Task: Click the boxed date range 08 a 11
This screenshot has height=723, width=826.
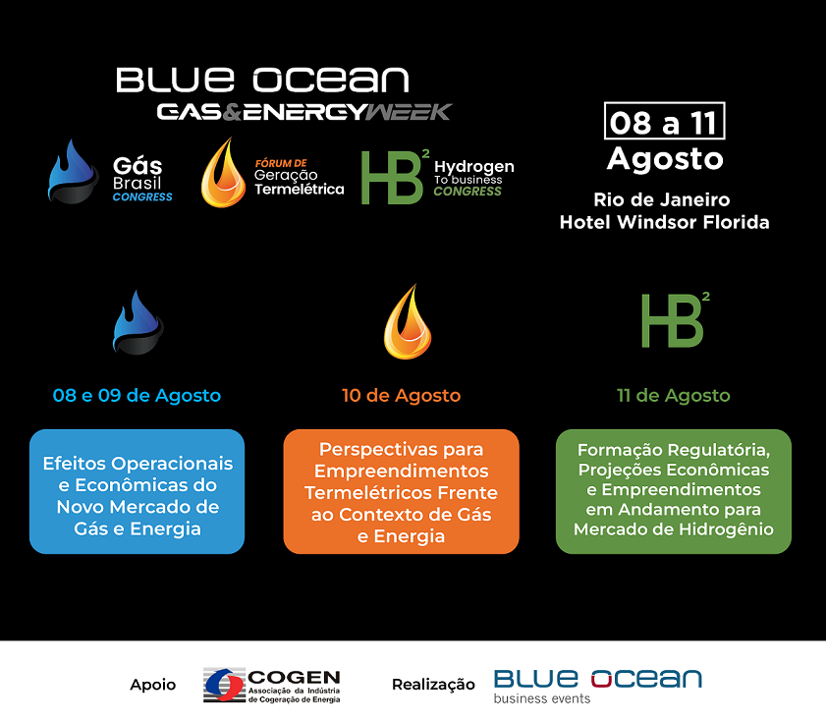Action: [664, 121]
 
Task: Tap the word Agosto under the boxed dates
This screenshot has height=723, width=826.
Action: [665, 158]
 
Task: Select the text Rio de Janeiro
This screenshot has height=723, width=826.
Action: [662, 199]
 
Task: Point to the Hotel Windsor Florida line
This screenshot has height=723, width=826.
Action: [664, 222]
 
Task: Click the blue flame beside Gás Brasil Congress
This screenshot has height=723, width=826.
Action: [72, 172]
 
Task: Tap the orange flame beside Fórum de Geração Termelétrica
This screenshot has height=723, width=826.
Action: [223, 172]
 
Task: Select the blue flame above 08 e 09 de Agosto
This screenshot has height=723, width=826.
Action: [138, 322]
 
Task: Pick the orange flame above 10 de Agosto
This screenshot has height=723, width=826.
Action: [408, 321]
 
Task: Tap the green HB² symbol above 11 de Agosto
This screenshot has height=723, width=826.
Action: [675, 320]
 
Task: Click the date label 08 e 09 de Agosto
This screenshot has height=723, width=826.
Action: [137, 395]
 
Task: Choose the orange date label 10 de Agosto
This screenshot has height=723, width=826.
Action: [401, 395]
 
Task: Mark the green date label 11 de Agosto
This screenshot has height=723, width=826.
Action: [673, 395]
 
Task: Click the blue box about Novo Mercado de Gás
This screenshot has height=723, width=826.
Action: [137, 492]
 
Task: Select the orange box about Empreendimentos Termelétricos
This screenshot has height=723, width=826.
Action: [402, 492]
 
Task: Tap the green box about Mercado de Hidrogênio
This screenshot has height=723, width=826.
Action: [673, 492]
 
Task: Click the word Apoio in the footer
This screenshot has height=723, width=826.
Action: [153, 685]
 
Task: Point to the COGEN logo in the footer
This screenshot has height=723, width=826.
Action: [272, 685]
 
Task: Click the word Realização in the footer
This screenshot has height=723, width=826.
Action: [433, 685]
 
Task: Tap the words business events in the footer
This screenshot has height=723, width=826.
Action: [541, 698]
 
